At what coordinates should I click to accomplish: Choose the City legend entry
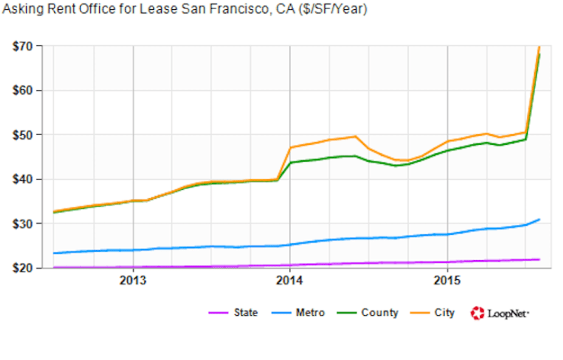[x=444, y=313]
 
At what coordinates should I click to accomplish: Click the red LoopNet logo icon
[x=478, y=313]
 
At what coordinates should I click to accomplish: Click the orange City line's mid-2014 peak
[x=355, y=137]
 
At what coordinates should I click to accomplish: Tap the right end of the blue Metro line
[x=539, y=220]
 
